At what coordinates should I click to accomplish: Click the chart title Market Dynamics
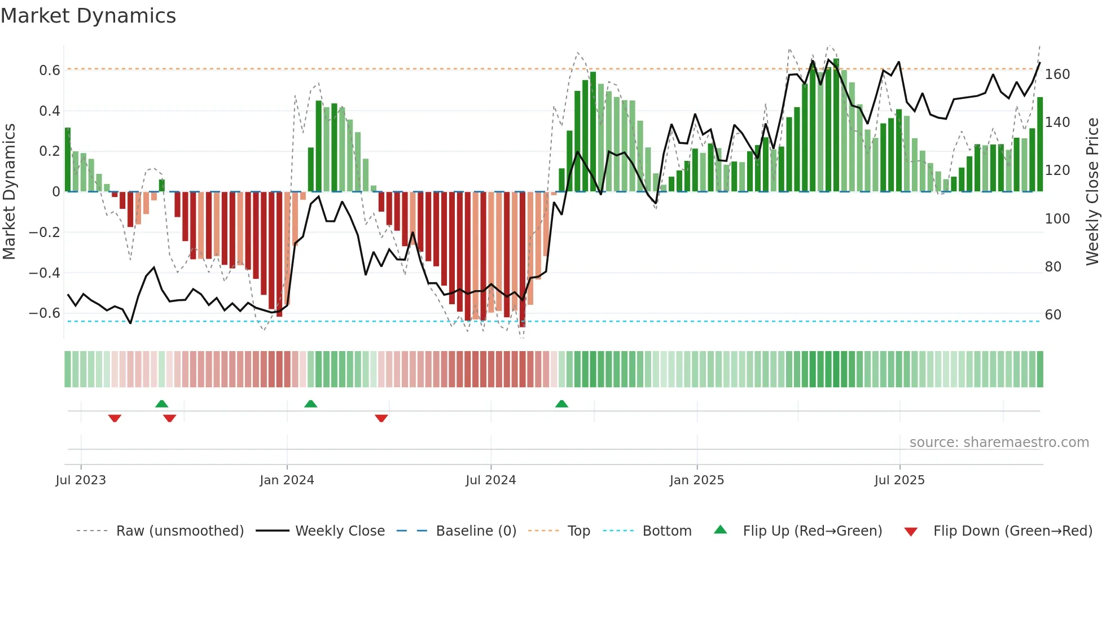click(88, 16)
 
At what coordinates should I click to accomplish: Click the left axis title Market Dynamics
click(9, 191)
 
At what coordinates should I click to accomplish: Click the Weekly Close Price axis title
click(1092, 191)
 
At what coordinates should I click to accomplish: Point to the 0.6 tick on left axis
click(50, 71)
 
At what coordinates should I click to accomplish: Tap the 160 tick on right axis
click(1057, 75)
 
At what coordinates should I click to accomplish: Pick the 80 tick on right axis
click(1053, 267)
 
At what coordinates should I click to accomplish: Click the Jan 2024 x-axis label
click(287, 480)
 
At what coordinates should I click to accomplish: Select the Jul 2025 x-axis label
click(899, 480)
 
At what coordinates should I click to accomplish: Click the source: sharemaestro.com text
click(999, 443)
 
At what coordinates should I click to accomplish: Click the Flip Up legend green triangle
click(721, 530)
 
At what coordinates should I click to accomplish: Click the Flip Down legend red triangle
click(911, 532)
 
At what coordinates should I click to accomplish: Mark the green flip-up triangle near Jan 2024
click(310, 404)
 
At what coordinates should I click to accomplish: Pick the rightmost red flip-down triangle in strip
click(381, 418)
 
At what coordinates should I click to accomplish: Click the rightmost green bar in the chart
click(1040, 144)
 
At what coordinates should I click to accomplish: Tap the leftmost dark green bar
click(68, 160)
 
